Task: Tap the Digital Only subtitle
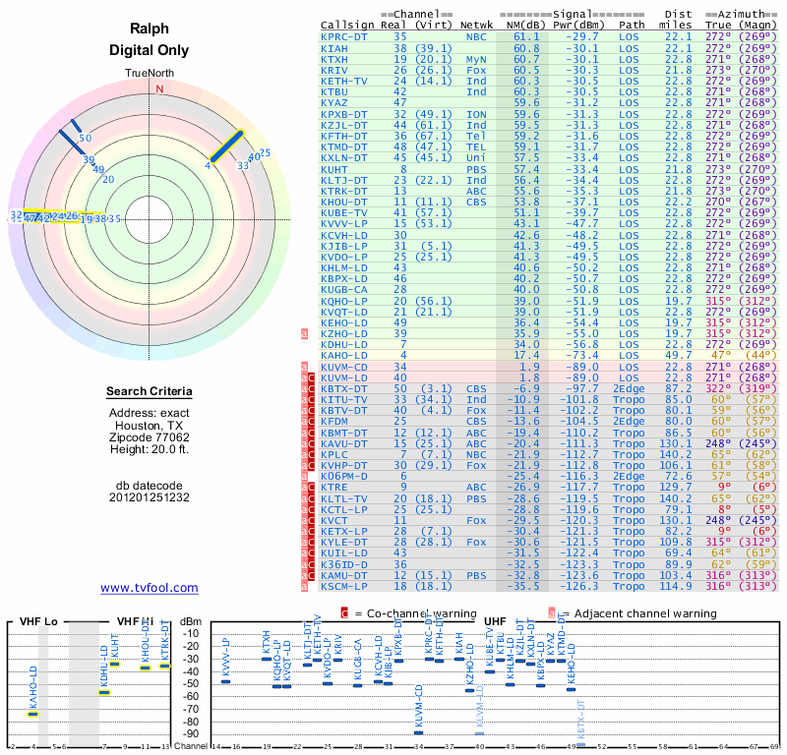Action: (x=150, y=49)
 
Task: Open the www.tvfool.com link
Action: (x=150, y=588)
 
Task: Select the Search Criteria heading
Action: (x=150, y=392)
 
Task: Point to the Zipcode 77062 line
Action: (x=150, y=437)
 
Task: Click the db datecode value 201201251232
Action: (x=150, y=497)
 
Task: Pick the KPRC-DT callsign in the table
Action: (x=346, y=36)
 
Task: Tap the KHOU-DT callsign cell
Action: (x=346, y=202)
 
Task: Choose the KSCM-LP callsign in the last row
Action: (x=346, y=587)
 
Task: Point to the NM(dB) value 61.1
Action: (x=525, y=36)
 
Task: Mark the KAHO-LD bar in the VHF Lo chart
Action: (x=32, y=714)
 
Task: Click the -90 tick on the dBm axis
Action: (x=191, y=734)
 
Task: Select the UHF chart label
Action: (x=495, y=621)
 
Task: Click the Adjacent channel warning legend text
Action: (x=638, y=613)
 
